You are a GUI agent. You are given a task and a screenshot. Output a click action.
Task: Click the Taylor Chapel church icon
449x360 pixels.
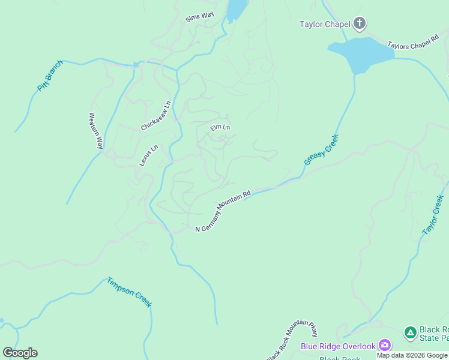pyautogui.click(x=360, y=24)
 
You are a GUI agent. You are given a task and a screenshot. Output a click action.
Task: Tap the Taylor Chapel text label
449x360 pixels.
pyautogui.click(x=325, y=25)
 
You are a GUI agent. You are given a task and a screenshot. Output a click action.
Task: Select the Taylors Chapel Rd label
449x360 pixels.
pyautogui.click(x=415, y=46)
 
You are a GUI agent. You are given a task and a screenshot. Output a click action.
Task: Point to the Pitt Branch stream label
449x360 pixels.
pyautogui.click(x=50, y=76)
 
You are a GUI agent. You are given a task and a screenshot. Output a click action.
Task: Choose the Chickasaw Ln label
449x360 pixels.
pyautogui.click(x=156, y=116)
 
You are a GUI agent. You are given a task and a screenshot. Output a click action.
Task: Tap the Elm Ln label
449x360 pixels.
pyautogui.click(x=220, y=127)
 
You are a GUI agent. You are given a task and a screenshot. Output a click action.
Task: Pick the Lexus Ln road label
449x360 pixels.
pyautogui.click(x=149, y=155)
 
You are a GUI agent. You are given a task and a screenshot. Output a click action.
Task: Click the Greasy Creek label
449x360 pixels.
pyautogui.click(x=322, y=150)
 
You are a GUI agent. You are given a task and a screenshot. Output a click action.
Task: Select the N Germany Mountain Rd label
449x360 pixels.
pyautogui.click(x=223, y=212)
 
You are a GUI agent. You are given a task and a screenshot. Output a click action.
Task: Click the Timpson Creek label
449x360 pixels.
pyautogui.click(x=130, y=292)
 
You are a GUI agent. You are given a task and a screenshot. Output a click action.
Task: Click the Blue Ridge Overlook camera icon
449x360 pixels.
pyautogui.click(x=385, y=346)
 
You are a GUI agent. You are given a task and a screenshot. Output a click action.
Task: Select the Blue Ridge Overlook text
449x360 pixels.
pyautogui.click(x=338, y=346)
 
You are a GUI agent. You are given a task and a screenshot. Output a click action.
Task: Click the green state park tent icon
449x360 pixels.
pyautogui.click(x=410, y=332)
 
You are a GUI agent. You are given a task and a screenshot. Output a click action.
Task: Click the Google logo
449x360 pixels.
pyautogui.click(x=20, y=353)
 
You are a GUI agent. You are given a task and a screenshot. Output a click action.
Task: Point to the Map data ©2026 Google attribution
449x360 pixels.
pyautogui.click(x=412, y=355)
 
